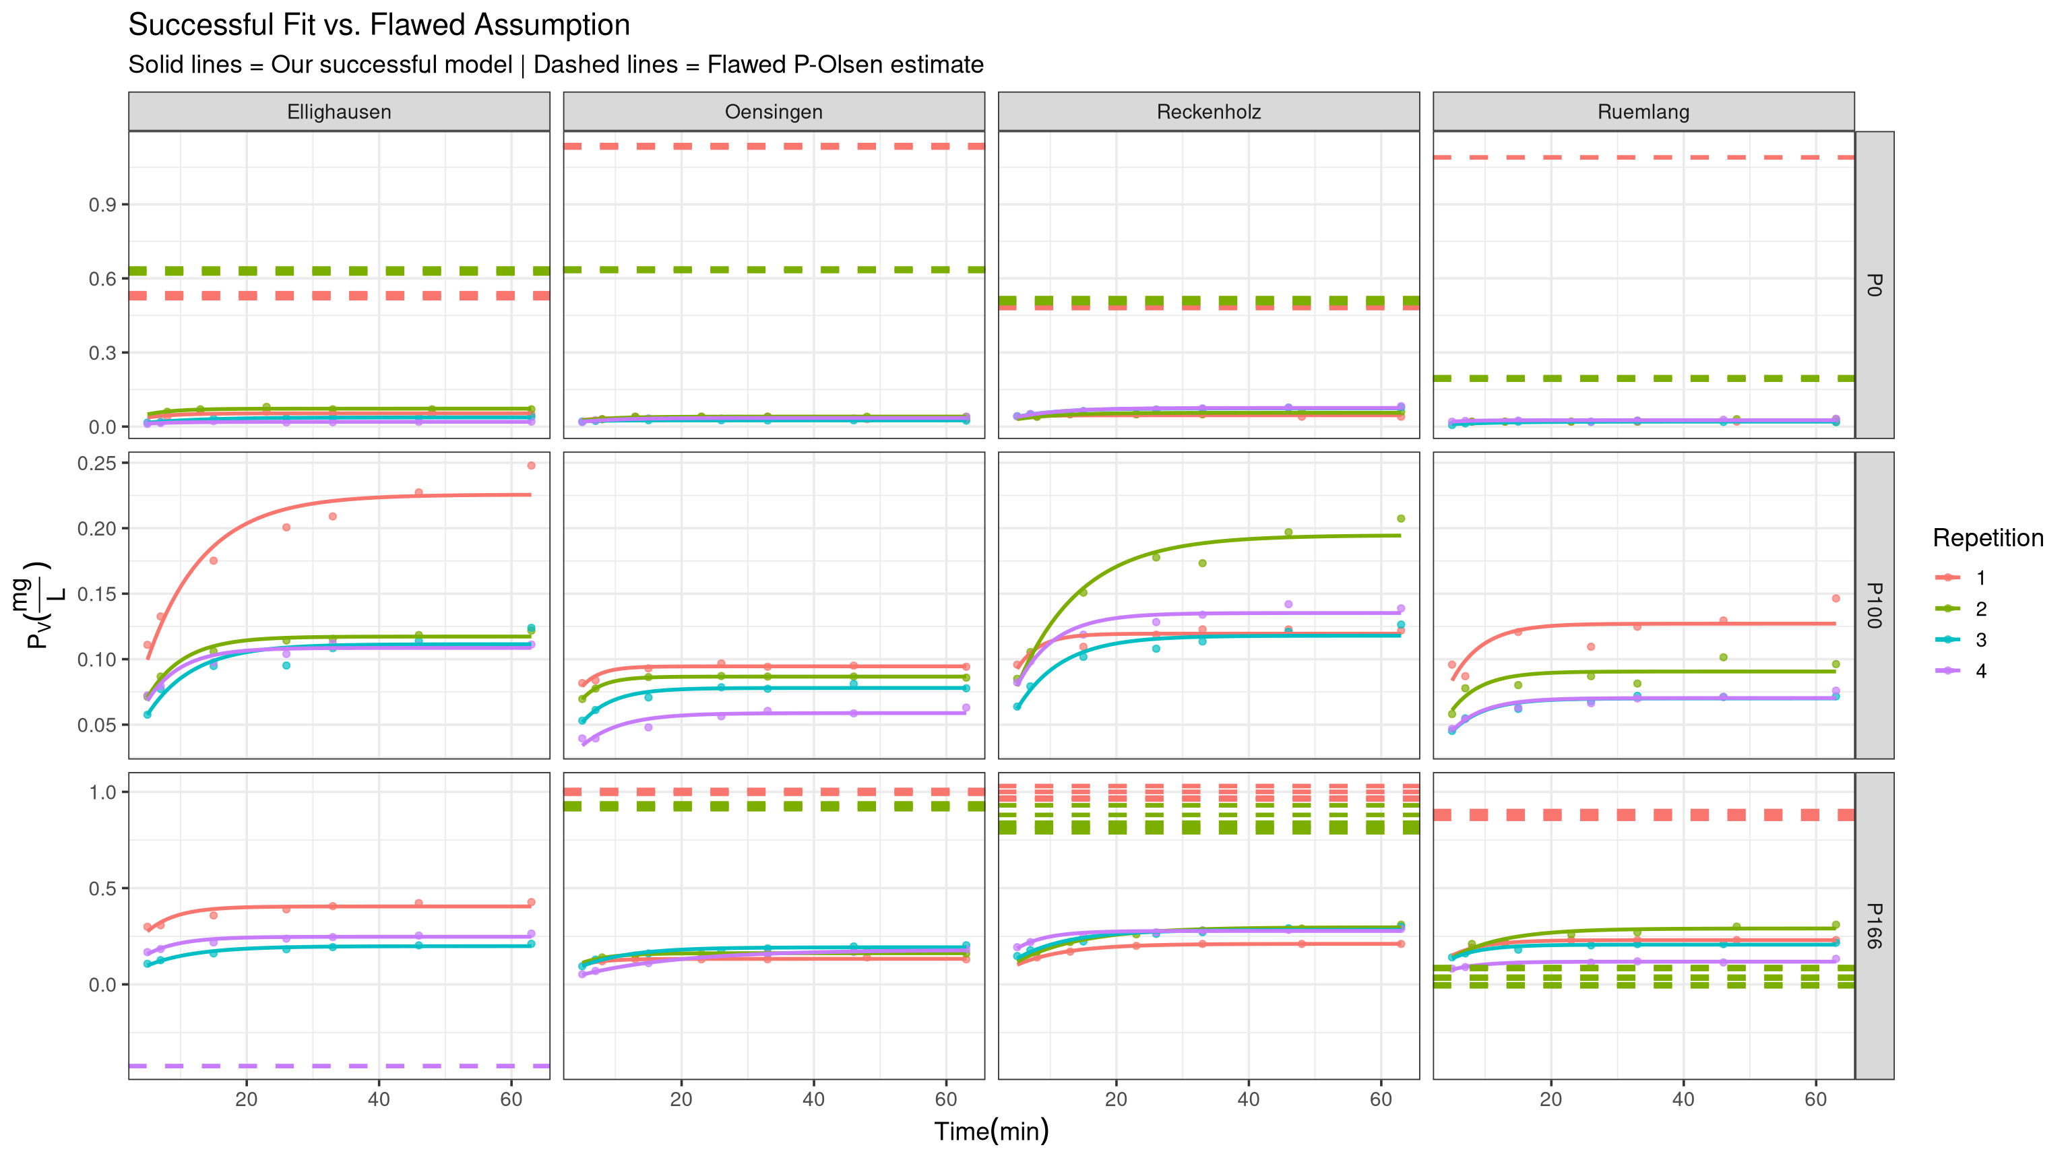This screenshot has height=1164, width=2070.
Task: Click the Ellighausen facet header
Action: [338, 112]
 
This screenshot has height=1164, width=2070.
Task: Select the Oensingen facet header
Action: [773, 112]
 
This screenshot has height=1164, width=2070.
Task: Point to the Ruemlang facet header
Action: [1643, 112]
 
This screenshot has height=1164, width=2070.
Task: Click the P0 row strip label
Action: [1873, 284]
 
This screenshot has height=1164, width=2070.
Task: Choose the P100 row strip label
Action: [1873, 605]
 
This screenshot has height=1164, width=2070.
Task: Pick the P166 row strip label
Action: [1873, 926]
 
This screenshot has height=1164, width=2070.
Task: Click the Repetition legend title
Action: [1987, 538]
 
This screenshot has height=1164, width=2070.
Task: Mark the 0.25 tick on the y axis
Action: [96, 463]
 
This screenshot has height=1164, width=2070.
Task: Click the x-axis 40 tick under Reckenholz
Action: [1248, 1099]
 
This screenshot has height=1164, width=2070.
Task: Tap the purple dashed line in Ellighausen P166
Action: [338, 1066]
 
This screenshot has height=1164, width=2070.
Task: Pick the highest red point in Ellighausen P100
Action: [531, 465]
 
